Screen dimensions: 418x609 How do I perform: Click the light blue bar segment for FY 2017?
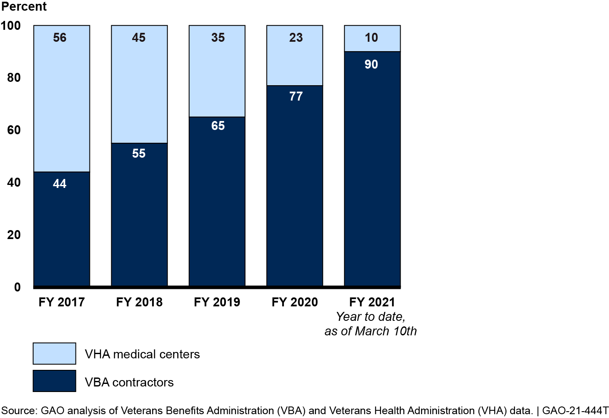click(x=62, y=102)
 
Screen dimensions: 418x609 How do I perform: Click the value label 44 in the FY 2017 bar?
click(x=60, y=184)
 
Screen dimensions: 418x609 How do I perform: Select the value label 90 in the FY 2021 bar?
click(x=371, y=64)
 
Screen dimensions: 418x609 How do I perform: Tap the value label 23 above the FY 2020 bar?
click(x=296, y=37)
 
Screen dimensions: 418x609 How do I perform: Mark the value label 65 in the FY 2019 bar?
click(x=218, y=126)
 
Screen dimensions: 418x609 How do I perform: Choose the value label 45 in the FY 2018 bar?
click(x=139, y=37)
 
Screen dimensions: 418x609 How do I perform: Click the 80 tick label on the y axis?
click(x=14, y=78)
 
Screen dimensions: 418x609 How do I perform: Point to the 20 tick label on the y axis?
click(x=14, y=235)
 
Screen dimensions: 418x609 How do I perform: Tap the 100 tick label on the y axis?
click(x=11, y=26)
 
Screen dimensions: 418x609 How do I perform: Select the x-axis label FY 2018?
click(x=139, y=302)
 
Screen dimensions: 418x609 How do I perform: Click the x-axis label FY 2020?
click(x=294, y=302)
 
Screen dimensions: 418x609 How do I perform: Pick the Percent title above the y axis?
click(x=24, y=7)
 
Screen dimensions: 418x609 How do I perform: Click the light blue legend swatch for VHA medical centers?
click(x=55, y=354)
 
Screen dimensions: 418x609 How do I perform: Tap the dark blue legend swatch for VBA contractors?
click(x=55, y=381)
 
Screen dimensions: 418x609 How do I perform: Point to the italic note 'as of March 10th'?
click(x=370, y=331)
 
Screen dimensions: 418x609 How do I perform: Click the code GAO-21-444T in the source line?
click(x=575, y=411)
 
